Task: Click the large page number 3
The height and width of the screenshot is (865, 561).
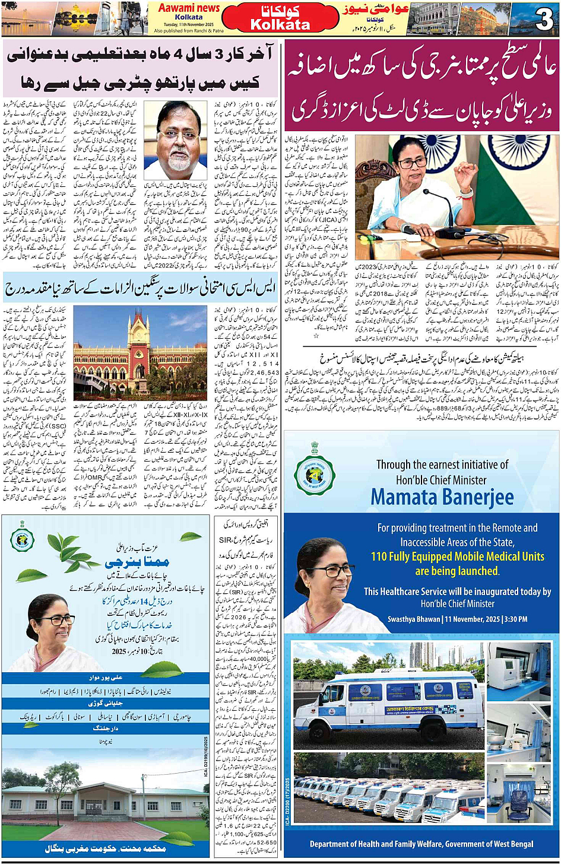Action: (x=544, y=19)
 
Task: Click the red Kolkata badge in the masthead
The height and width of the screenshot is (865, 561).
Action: (x=280, y=18)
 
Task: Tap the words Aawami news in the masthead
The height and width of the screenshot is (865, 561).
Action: (x=189, y=8)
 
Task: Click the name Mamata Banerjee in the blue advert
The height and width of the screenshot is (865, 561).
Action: (x=442, y=497)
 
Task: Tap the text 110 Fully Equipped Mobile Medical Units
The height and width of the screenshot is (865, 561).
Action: (x=458, y=556)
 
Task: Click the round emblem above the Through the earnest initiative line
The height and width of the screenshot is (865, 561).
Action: (x=315, y=475)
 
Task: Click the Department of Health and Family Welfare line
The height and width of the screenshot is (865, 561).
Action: (x=421, y=844)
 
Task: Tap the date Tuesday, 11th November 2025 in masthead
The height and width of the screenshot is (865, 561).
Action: (x=188, y=24)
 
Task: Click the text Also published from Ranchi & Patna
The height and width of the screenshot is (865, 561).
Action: (x=189, y=31)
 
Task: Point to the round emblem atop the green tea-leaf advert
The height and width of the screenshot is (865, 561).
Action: (x=22, y=538)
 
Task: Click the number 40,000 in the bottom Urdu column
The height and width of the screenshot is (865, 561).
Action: (x=258, y=659)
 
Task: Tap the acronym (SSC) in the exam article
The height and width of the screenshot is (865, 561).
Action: (x=58, y=425)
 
